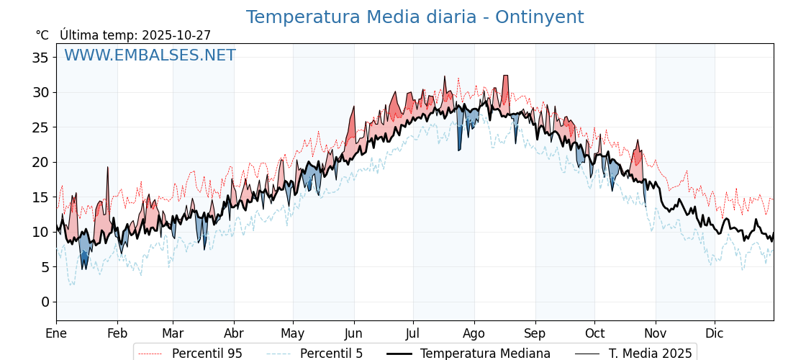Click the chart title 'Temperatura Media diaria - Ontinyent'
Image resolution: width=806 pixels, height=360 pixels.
pos(415,17)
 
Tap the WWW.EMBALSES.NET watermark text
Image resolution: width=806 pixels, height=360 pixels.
pos(150,55)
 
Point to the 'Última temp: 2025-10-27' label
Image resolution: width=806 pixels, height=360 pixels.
pos(135,35)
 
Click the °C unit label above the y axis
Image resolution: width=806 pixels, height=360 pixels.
pos(42,35)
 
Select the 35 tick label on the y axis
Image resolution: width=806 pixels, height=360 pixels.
pos(40,58)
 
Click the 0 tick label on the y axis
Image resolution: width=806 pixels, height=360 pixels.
pos(45,302)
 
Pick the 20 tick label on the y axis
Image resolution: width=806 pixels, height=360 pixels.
pos(40,162)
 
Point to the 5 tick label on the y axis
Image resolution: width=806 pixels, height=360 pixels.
pos(45,267)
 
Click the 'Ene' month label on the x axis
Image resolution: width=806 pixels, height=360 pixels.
pos(56,333)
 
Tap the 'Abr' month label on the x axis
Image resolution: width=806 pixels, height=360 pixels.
pos(234,333)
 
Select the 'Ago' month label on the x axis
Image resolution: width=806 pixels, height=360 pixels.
pos(474,333)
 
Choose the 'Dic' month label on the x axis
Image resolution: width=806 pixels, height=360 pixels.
pos(715,333)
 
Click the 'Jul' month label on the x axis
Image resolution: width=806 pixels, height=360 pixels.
pos(413,333)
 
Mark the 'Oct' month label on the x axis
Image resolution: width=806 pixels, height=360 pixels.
pos(594,333)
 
